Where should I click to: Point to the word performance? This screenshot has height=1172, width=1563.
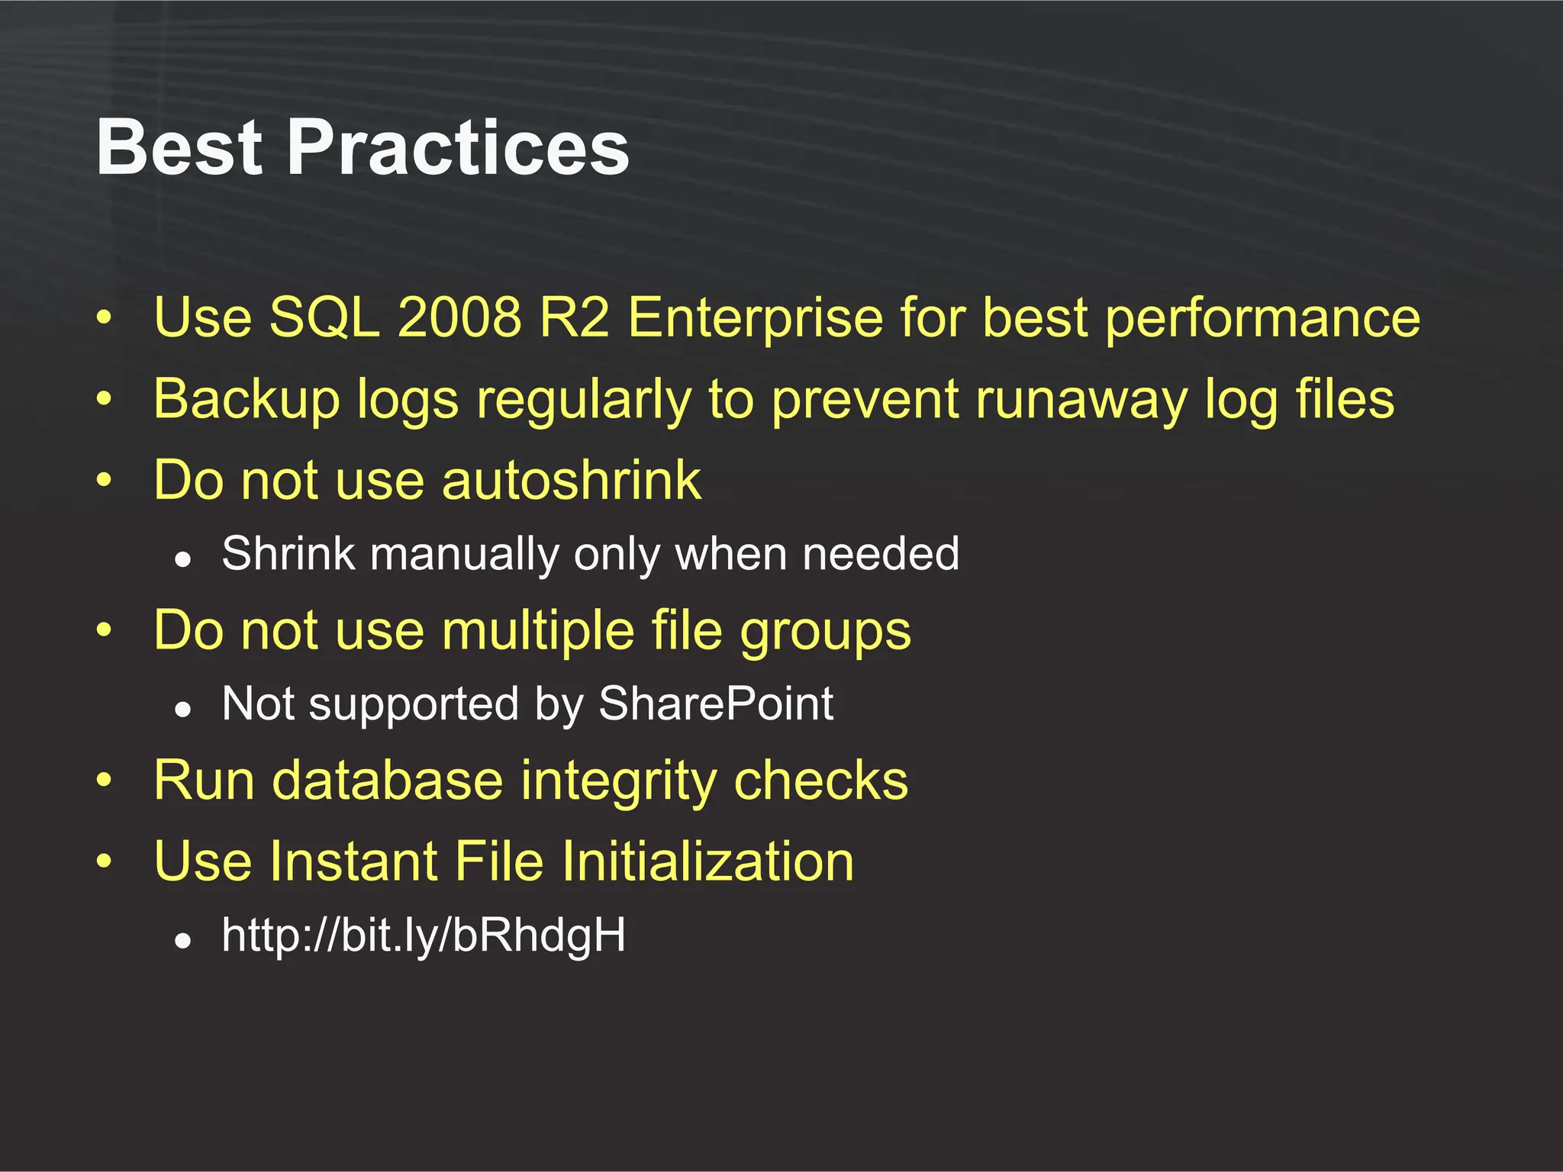[x=1262, y=319]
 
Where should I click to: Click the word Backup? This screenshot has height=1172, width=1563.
[x=246, y=400]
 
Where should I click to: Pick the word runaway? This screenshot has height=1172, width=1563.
[x=1081, y=400]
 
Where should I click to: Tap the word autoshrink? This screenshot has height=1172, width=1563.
[x=572, y=480]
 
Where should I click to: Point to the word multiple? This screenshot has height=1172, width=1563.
[x=538, y=631]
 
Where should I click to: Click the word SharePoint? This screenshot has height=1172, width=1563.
[x=716, y=704]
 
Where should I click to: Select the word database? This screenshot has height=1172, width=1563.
[x=387, y=780]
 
